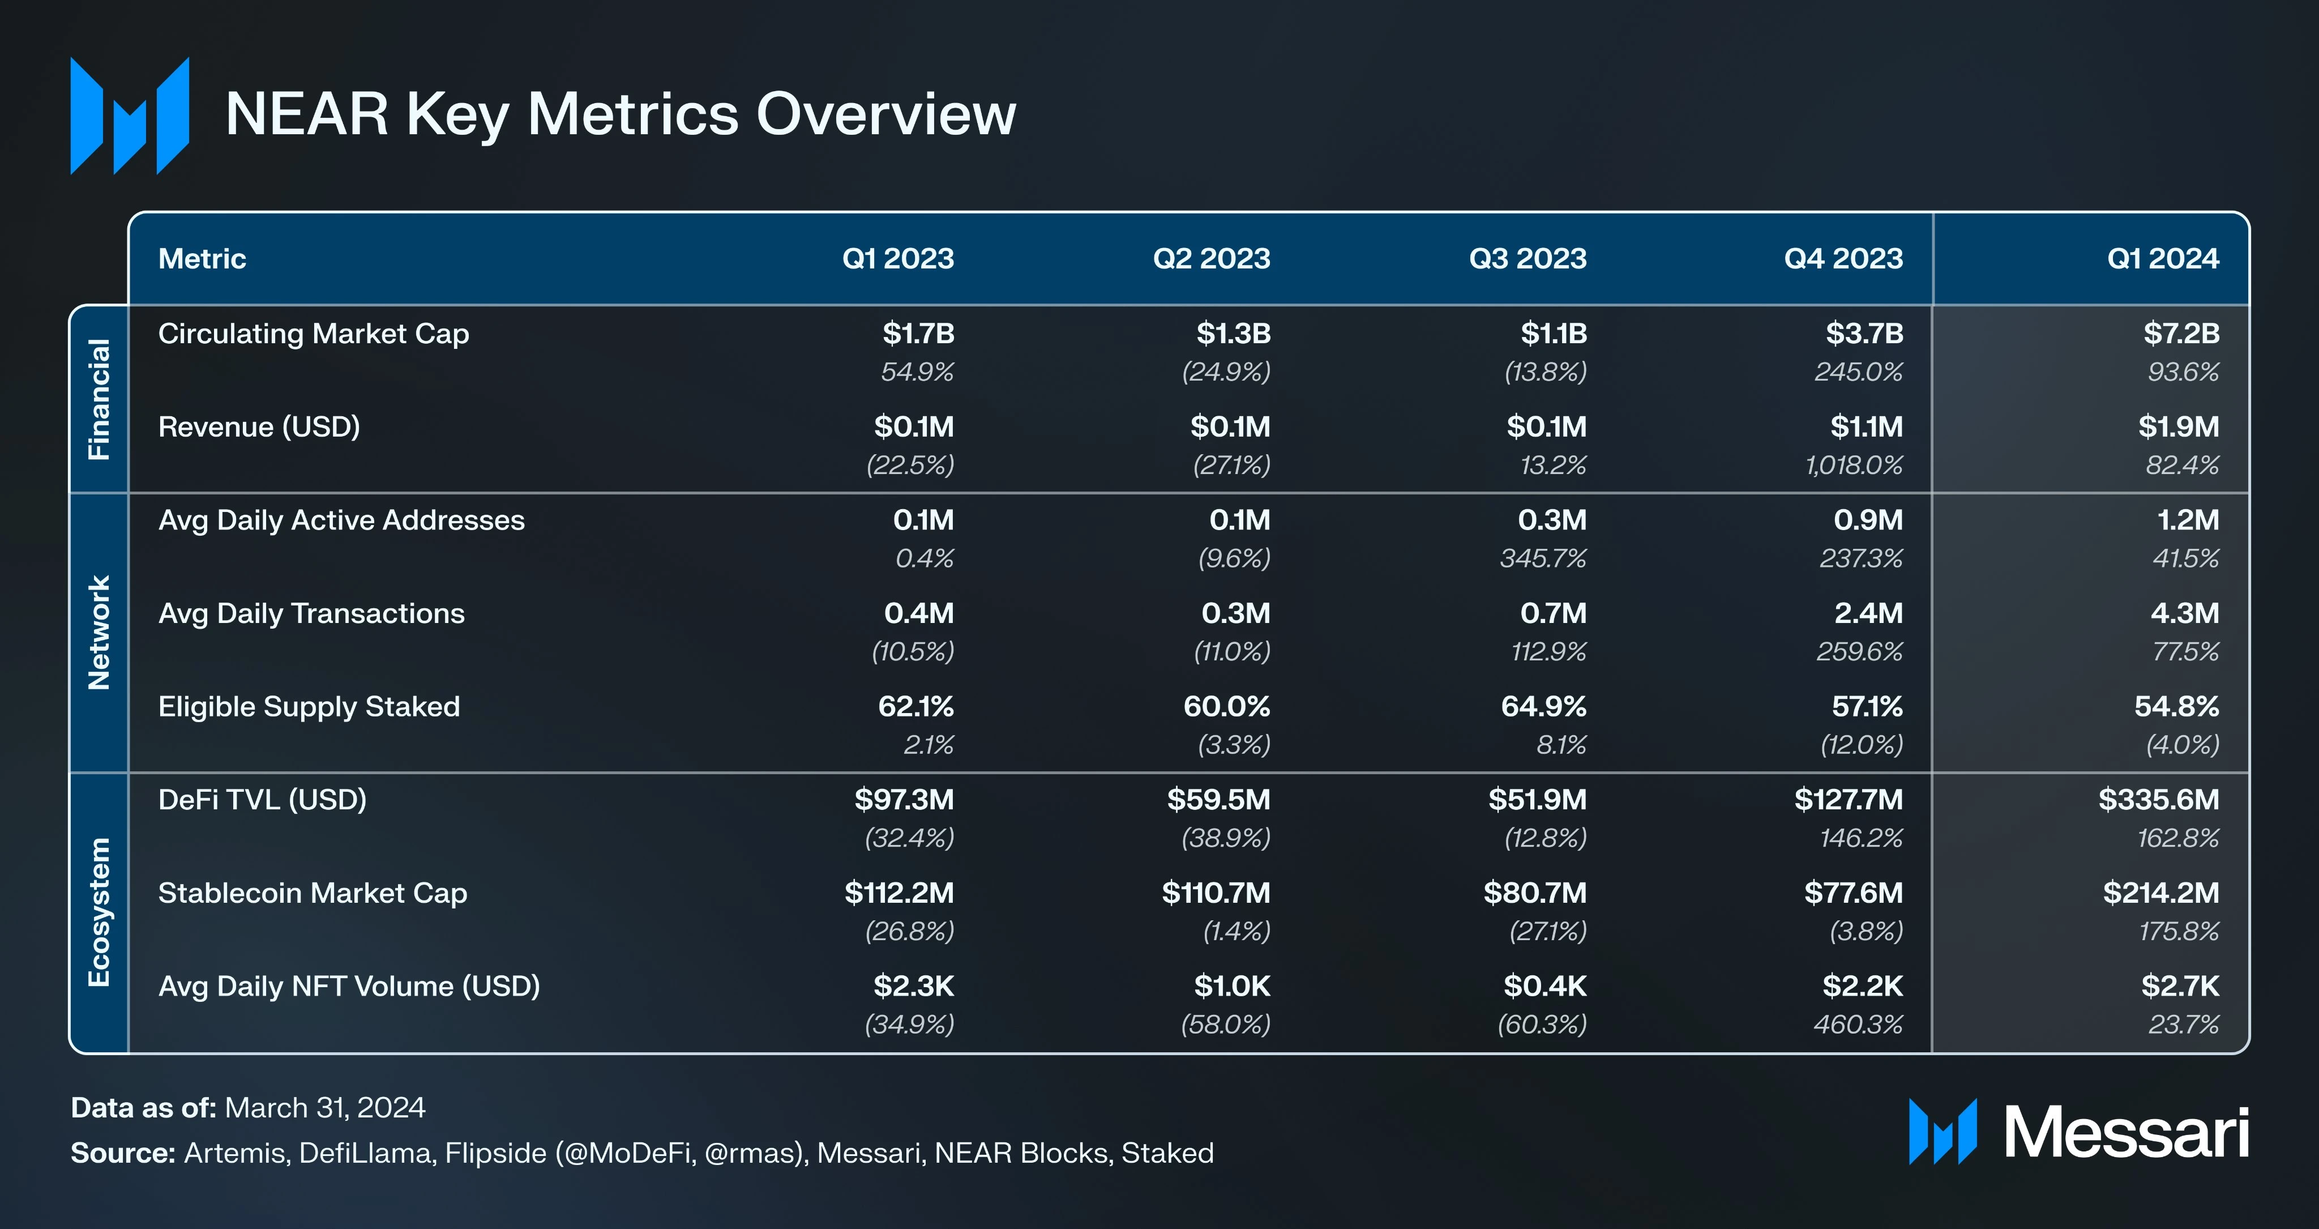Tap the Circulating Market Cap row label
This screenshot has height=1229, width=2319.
pyautogui.click(x=313, y=334)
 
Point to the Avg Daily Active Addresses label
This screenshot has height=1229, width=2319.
pyautogui.click(x=341, y=520)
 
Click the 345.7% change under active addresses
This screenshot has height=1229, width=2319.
pyautogui.click(x=1542, y=559)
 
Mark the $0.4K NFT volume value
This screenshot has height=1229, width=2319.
pyautogui.click(x=1545, y=987)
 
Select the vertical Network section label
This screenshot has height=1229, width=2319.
pyautogui.click(x=99, y=633)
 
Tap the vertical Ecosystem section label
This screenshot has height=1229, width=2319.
pyautogui.click(x=99, y=912)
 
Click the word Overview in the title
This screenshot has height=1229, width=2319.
pyautogui.click(x=886, y=114)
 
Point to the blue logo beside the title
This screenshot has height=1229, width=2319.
pyautogui.click(x=130, y=115)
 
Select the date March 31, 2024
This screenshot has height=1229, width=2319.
pyautogui.click(x=324, y=1107)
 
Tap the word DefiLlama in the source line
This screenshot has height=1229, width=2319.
pyautogui.click(x=365, y=1153)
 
